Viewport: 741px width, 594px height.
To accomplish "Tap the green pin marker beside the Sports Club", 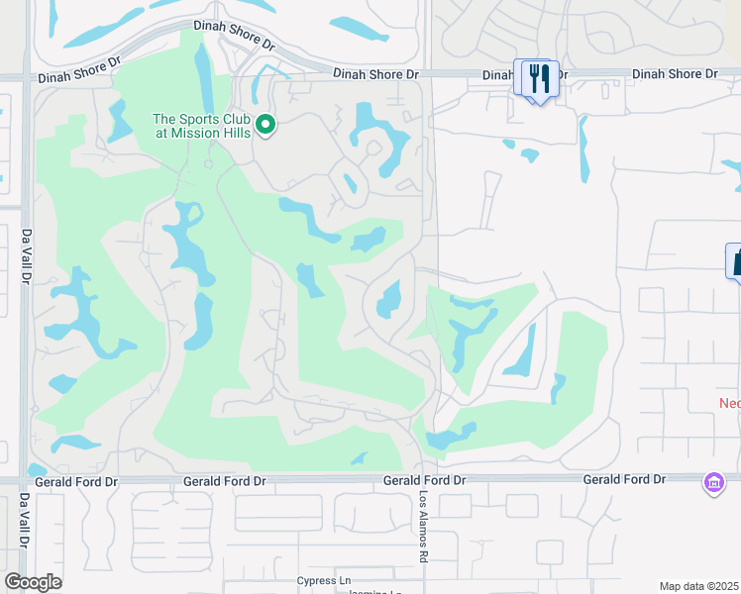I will tap(265, 124).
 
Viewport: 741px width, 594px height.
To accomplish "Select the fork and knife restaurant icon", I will tap(540, 78).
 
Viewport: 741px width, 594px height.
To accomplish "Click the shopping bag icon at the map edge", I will tap(735, 261).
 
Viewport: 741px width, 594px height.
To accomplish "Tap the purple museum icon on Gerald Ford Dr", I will tap(713, 483).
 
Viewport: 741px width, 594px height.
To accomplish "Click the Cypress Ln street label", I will tap(324, 581).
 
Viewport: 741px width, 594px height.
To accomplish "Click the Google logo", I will tap(33, 582).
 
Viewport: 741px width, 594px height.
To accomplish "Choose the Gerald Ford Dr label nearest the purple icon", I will tap(623, 479).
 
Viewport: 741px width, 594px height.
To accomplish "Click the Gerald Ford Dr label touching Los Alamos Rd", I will tap(425, 479).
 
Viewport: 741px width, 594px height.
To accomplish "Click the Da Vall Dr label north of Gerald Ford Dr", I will tap(27, 258).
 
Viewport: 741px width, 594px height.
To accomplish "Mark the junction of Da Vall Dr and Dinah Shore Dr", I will tap(26, 76).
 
